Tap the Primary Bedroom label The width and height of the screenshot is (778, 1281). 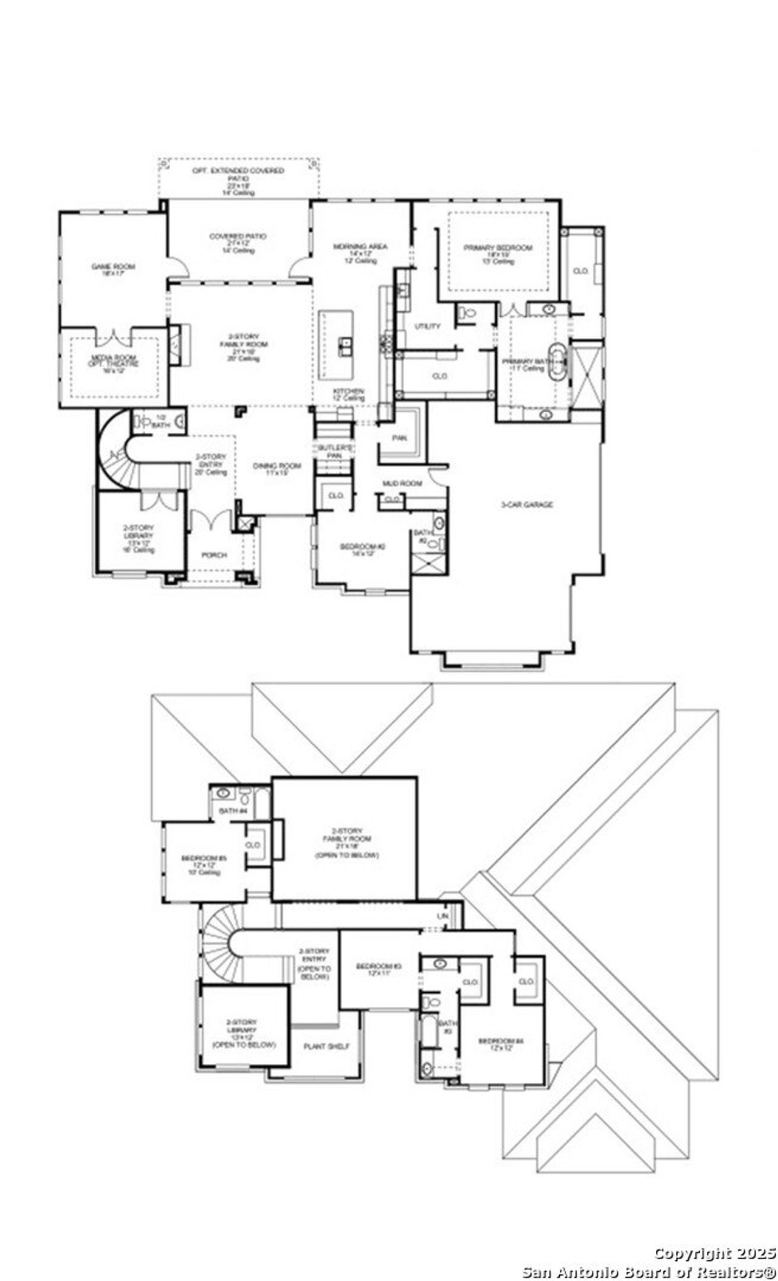pyautogui.click(x=498, y=247)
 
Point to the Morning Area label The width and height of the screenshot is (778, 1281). pyautogui.click(x=360, y=246)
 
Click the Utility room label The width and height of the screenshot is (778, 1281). pyautogui.click(x=427, y=326)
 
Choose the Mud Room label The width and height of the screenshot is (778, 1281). pyautogui.click(x=402, y=483)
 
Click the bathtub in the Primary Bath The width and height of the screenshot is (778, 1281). pyautogui.click(x=558, y=363)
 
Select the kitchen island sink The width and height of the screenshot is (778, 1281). pyautogui.click(x=345, y=346)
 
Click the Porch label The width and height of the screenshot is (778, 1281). pyautogui.click(x=214, y=555)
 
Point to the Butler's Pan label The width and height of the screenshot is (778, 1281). pyautogui.click(x=334, y=451)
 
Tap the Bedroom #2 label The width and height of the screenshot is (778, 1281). pyautogui.click(x=363, y=547)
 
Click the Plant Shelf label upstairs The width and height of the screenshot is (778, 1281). pyautogui.click(x=326, y=1046)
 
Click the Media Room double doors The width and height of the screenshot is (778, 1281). pyautogui.click(x=114, y=336)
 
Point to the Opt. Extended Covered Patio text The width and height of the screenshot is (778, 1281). pyautogui.click(x=238, y=171)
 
